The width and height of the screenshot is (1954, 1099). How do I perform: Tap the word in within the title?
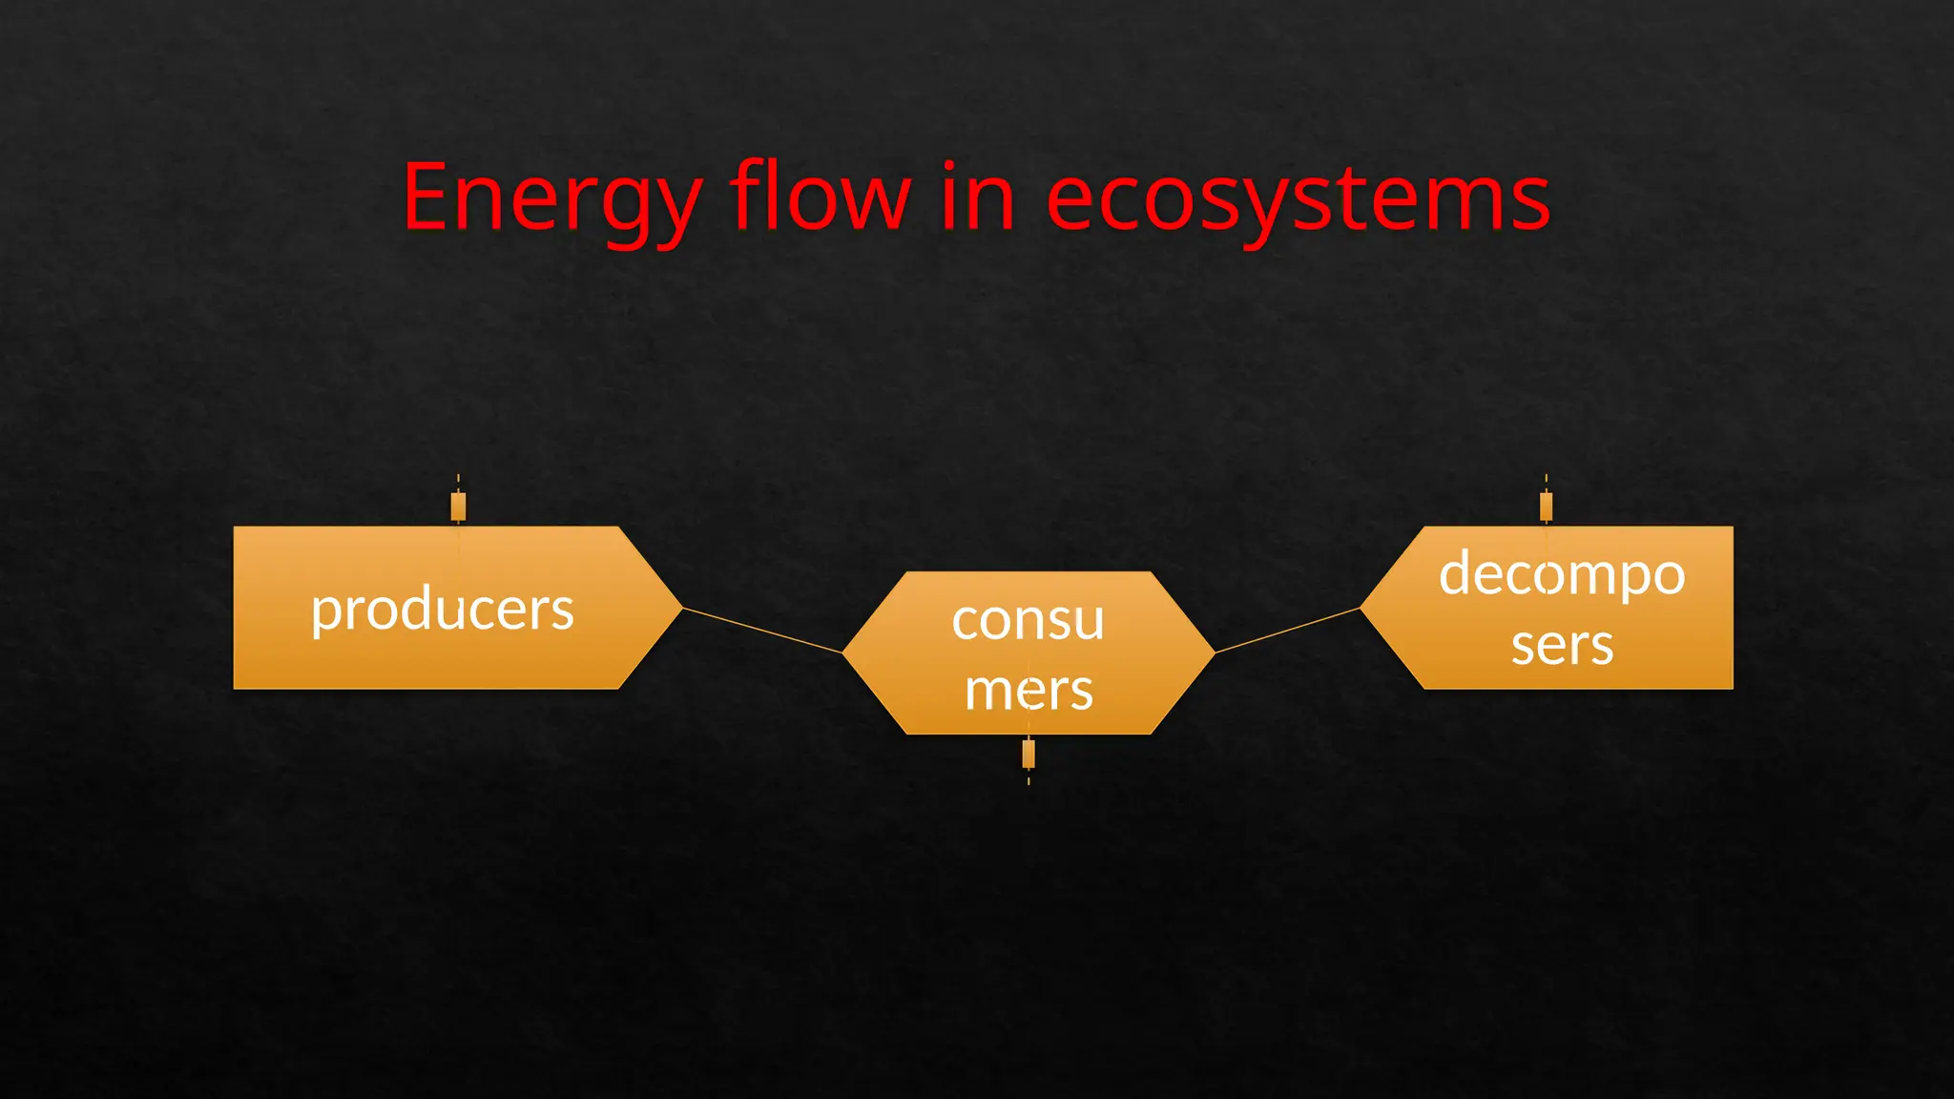pyautogui.click(x=977, y=197)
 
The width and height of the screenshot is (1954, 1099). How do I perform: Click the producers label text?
pyautogui.click(x=443, y=611)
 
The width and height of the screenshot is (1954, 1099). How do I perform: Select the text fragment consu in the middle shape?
pyautogui.click(x=1029, y=621)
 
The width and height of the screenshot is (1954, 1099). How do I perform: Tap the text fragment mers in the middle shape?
pyautogui.click(x=1029, y=690)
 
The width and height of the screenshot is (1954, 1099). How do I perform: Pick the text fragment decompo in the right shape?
pyautogui.click(x=1562, y=575)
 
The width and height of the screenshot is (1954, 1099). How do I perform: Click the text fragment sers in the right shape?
pyautogui.click(x=1562, y=646)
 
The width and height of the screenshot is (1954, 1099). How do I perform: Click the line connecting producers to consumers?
pyautogui.click(x=762, y=630)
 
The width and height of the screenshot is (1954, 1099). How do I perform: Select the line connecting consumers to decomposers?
pyautogui.click(x=1287, y=631)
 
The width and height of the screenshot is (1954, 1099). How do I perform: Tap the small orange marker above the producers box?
pyautogui.click(x=458, y=507)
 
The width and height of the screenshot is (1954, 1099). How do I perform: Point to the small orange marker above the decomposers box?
pyautogui.click(x=1546, y=507)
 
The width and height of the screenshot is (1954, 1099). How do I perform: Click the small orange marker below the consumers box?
pyautogui.click(x=1029, y=754)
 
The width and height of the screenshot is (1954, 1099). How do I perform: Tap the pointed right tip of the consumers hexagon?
pyautogui.click(x=1211, y=653)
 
